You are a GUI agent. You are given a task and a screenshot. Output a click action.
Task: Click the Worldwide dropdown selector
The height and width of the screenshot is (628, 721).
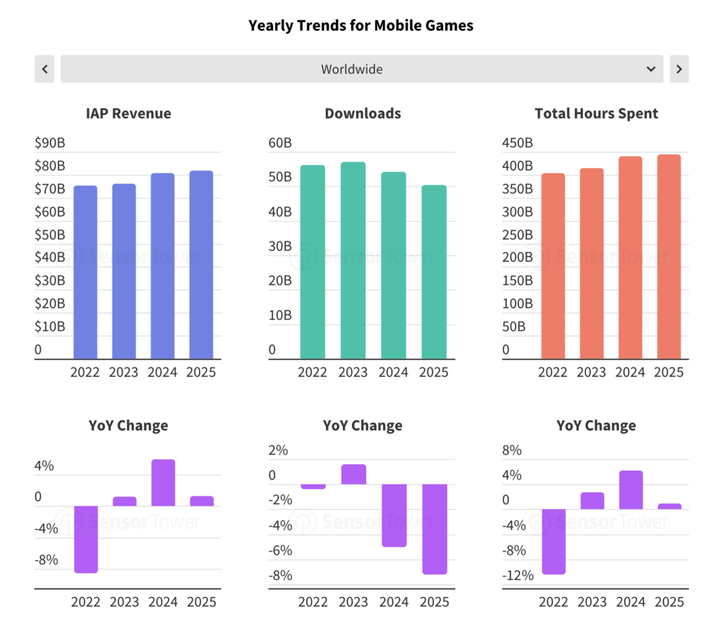[x=361, y=69]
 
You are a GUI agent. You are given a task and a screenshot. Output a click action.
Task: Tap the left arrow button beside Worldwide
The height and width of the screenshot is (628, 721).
[x=44, y=69]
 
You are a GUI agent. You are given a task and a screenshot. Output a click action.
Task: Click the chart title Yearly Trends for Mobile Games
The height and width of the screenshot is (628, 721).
[x=360, y=26]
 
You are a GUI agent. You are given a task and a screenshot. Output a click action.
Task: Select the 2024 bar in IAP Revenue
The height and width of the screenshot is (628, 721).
[x=163, y=266]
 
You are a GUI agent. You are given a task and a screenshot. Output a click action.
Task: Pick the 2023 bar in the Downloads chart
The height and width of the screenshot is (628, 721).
[x=353, y=260]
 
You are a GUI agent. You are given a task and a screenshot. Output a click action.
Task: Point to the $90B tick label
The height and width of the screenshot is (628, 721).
[x=50, y=143]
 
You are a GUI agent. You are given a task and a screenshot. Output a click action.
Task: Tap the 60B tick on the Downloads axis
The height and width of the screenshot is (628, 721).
[x=280, y=143]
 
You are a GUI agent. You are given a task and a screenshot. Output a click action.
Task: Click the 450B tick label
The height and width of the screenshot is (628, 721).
[x=518, y=143]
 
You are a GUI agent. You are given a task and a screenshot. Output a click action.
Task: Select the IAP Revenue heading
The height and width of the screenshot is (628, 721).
[x=128, y=113]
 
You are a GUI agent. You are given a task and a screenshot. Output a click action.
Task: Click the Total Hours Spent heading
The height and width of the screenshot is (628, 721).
[x=596, y=113]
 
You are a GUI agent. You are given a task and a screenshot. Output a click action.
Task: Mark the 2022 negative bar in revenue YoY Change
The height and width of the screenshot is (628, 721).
[x=86, y=539]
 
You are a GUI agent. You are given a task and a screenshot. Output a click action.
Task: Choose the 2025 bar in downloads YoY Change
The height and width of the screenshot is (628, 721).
[x=434, y=529]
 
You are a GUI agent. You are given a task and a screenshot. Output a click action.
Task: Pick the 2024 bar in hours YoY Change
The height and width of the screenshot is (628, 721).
[x=630, y=489]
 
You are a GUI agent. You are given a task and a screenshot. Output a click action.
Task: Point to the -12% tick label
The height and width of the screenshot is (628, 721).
[x=518, y=576]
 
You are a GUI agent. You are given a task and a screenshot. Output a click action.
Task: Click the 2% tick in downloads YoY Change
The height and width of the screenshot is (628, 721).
[x=278, y=451]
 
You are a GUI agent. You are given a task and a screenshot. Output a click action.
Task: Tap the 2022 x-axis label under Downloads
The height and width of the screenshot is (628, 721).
[x=313, y=372]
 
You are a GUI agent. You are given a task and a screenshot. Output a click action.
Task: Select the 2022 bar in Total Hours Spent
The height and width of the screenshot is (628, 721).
[x=553, y=266]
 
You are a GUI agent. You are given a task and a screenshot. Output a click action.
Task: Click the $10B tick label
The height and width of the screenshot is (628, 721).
[x=50, y=327]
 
